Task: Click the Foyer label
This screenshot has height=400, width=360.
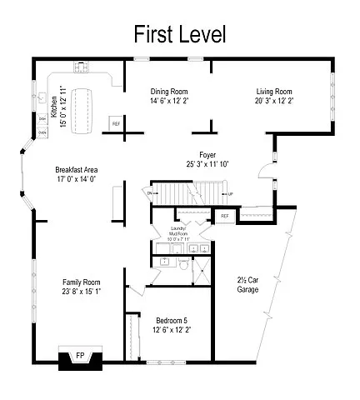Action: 207,154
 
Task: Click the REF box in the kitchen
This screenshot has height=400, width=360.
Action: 116,125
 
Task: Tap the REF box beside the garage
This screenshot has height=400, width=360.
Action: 224,216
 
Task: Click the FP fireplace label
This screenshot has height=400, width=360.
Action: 80,355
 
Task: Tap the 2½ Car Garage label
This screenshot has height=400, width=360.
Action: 247,284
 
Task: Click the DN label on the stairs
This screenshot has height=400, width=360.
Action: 151,193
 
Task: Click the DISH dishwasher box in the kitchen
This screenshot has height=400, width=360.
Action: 42,118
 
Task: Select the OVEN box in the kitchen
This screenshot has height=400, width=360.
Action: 42,132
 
